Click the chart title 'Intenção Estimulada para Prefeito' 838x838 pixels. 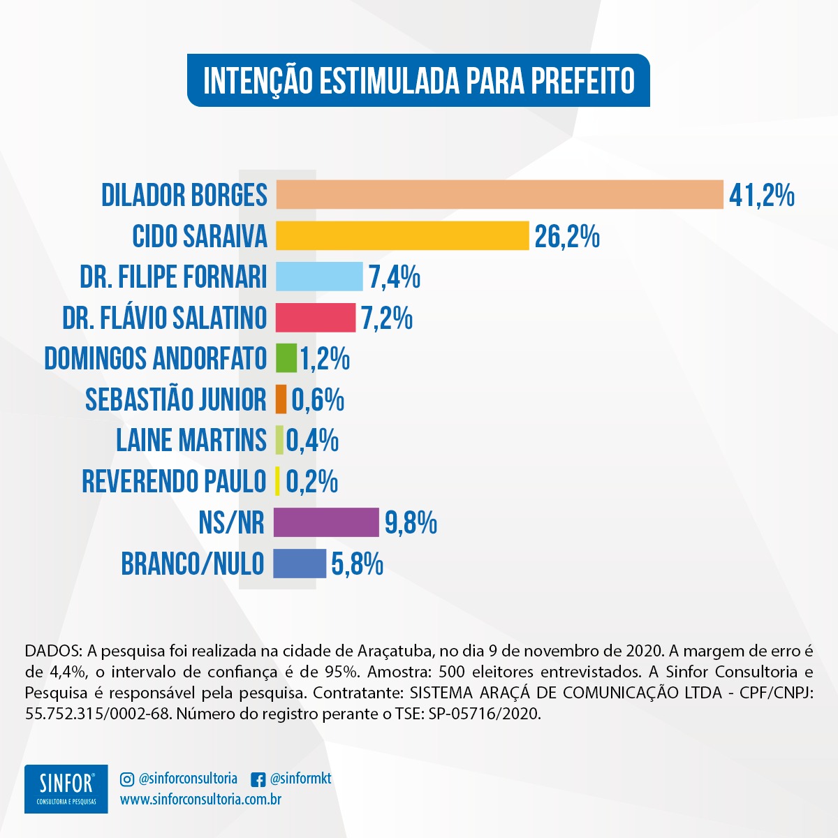click(418, 80)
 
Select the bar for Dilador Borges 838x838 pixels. click(499, 194)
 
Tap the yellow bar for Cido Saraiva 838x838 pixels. click(402, 236)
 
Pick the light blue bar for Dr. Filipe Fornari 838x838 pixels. click(319, 277)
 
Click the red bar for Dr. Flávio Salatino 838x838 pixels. click(316, 318)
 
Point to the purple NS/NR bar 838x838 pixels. click(326, 522)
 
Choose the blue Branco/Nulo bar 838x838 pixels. click(300, 564)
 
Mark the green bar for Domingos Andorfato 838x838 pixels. click(286, 358)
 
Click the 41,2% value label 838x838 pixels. click(762, 195)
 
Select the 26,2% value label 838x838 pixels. click(567, 237)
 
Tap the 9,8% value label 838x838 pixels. click(411, 523)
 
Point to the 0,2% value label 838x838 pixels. click(312, 482)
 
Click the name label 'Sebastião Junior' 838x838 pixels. click(176, 399)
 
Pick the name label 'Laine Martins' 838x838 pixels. click(191, 441)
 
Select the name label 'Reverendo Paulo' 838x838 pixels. click(174, 482)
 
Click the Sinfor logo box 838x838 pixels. click(66, 789)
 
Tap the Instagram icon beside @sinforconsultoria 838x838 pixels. click(127, 779)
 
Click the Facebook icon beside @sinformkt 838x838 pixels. click(258, 779)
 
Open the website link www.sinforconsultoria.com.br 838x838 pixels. click(201, 800)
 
